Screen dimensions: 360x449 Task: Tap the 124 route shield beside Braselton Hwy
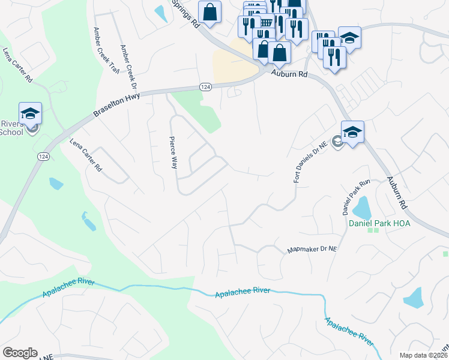pos(205,87)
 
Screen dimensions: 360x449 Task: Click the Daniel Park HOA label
pos(379,223)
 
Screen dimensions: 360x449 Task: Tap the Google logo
pos(20,353)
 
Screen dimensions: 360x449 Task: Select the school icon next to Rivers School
pos(30,113)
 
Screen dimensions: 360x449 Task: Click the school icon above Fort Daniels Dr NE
pos(352,131)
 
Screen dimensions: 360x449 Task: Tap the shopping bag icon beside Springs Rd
pos(209,12)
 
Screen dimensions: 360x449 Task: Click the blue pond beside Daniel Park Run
pos(362,208)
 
